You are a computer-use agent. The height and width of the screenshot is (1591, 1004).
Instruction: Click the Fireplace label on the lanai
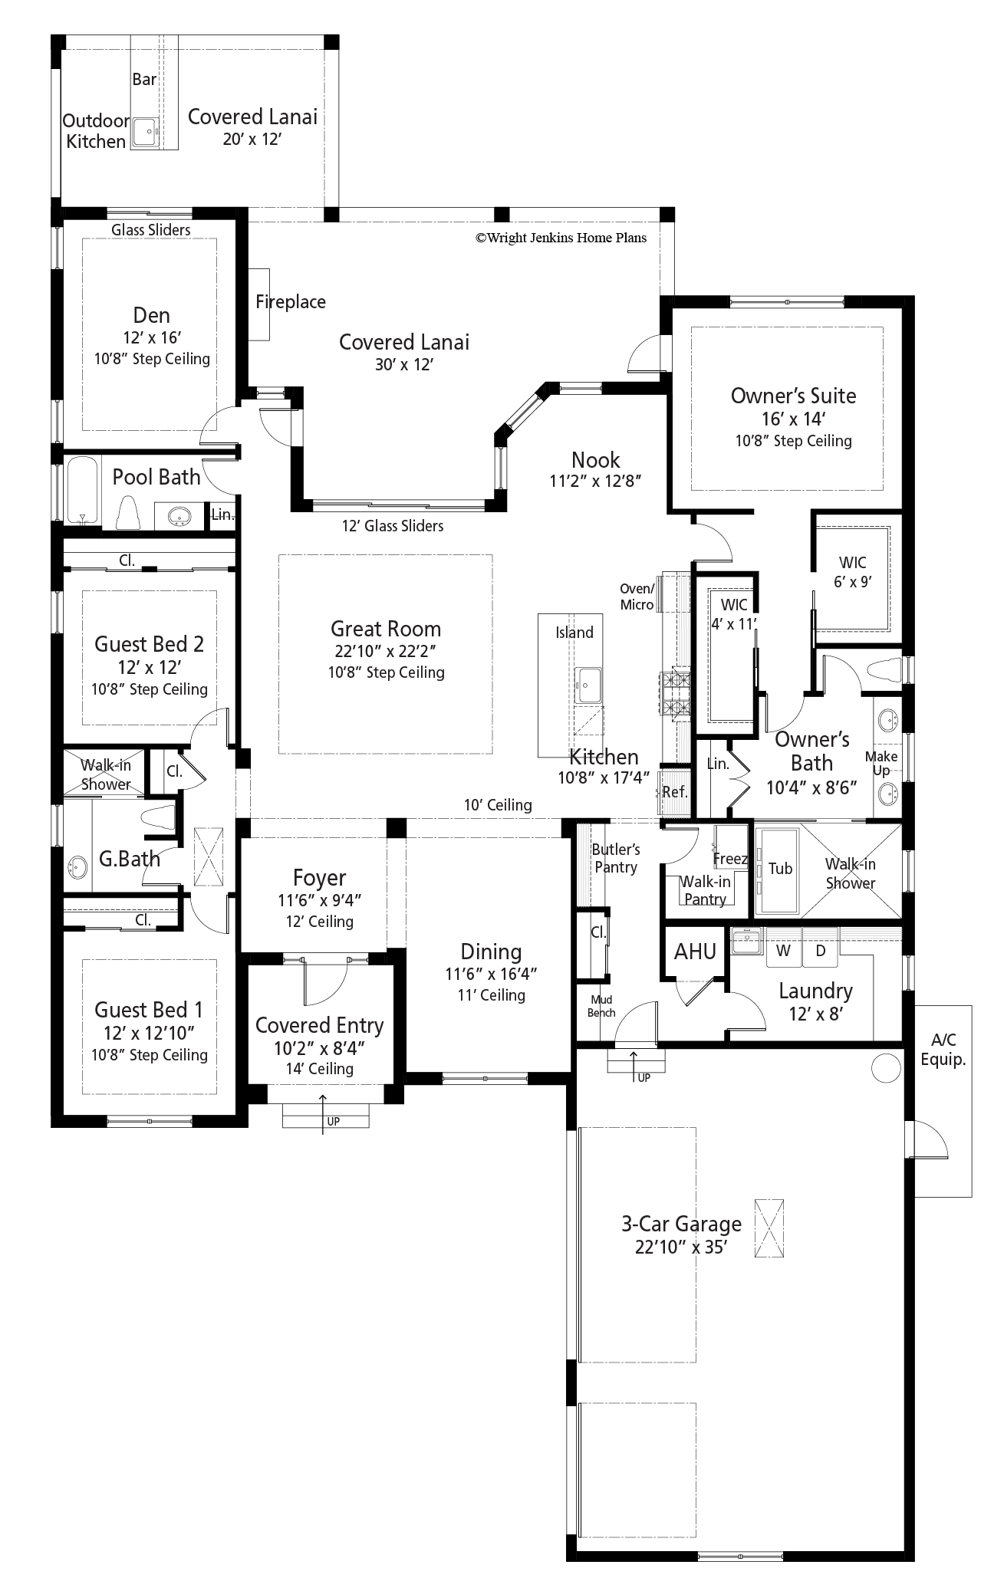click(x=290, y=302)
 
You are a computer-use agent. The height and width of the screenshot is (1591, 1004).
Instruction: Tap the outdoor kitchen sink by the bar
click(x=143, y=131)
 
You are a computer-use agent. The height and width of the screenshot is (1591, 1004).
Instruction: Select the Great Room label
click(x=385, y=629)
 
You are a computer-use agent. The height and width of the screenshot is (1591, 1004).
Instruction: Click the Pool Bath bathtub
click(x=82, y=491)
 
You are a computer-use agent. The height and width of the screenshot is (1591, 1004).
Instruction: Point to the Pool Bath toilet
click(x=128, y=512)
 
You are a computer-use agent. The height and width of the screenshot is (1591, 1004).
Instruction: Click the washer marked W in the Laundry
click(x=783, y=951)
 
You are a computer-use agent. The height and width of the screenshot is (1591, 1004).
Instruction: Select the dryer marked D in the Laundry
click(x=820, y=951)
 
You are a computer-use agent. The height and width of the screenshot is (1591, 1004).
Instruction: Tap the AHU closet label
click(x=695, y=952)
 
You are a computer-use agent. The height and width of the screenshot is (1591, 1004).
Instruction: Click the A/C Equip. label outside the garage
click(x=943, y=1050)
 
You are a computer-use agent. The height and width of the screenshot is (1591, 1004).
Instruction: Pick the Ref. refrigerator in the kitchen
click(x=674, y=792)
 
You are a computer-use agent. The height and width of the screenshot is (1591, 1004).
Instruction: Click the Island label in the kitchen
click(x=574, y=633)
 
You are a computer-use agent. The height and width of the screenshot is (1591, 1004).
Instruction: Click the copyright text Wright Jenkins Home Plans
click(x=561, y=238)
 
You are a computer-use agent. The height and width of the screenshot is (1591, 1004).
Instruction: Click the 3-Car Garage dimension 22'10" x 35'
click(x=680, y=1247)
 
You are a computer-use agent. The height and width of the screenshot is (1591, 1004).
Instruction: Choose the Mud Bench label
click(x=601, y=1006)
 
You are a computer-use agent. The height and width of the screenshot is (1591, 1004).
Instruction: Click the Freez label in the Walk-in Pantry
click(x=729, y=859)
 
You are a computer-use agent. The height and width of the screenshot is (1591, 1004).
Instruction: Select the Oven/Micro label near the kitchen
click(x=637, y=597)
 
